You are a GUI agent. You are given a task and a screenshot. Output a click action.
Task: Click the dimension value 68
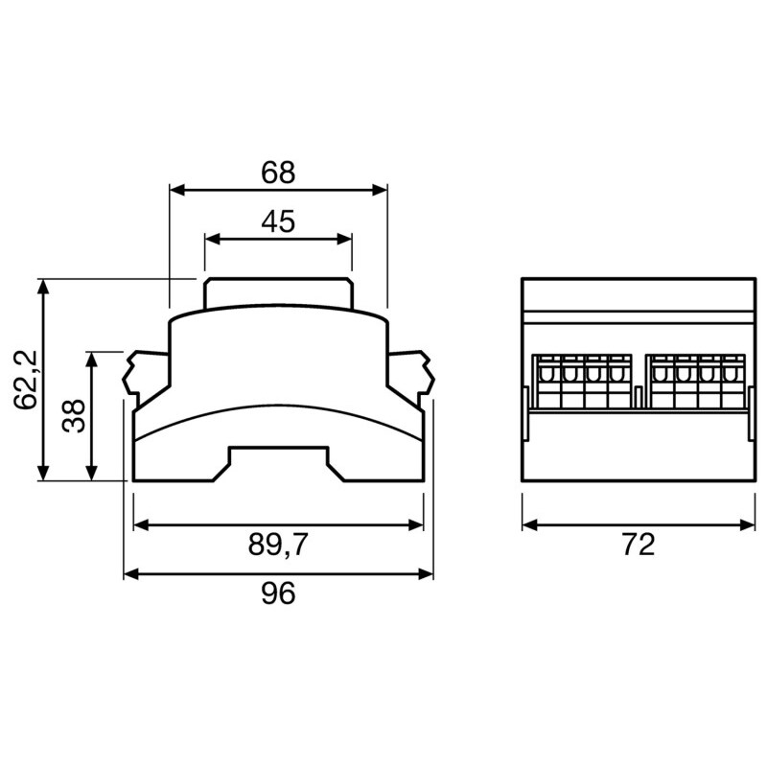coord(278,173)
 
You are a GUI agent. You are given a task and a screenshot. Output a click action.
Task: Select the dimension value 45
coord(278,222)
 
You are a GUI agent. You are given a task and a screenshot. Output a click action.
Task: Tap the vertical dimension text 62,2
coord(28,380)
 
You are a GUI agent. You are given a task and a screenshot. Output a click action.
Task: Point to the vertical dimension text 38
coord(75,415)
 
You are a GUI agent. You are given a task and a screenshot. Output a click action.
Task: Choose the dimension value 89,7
coord(278,545)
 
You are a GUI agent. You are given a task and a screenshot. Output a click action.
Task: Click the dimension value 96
coord(278,593)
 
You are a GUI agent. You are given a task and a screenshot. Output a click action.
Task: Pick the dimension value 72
coord(638,545)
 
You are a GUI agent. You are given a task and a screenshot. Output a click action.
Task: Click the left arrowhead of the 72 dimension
coord(528,524)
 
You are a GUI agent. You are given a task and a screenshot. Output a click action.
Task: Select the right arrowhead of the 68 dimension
coord(381,189)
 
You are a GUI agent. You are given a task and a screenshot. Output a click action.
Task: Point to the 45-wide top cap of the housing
coord(278,292)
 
